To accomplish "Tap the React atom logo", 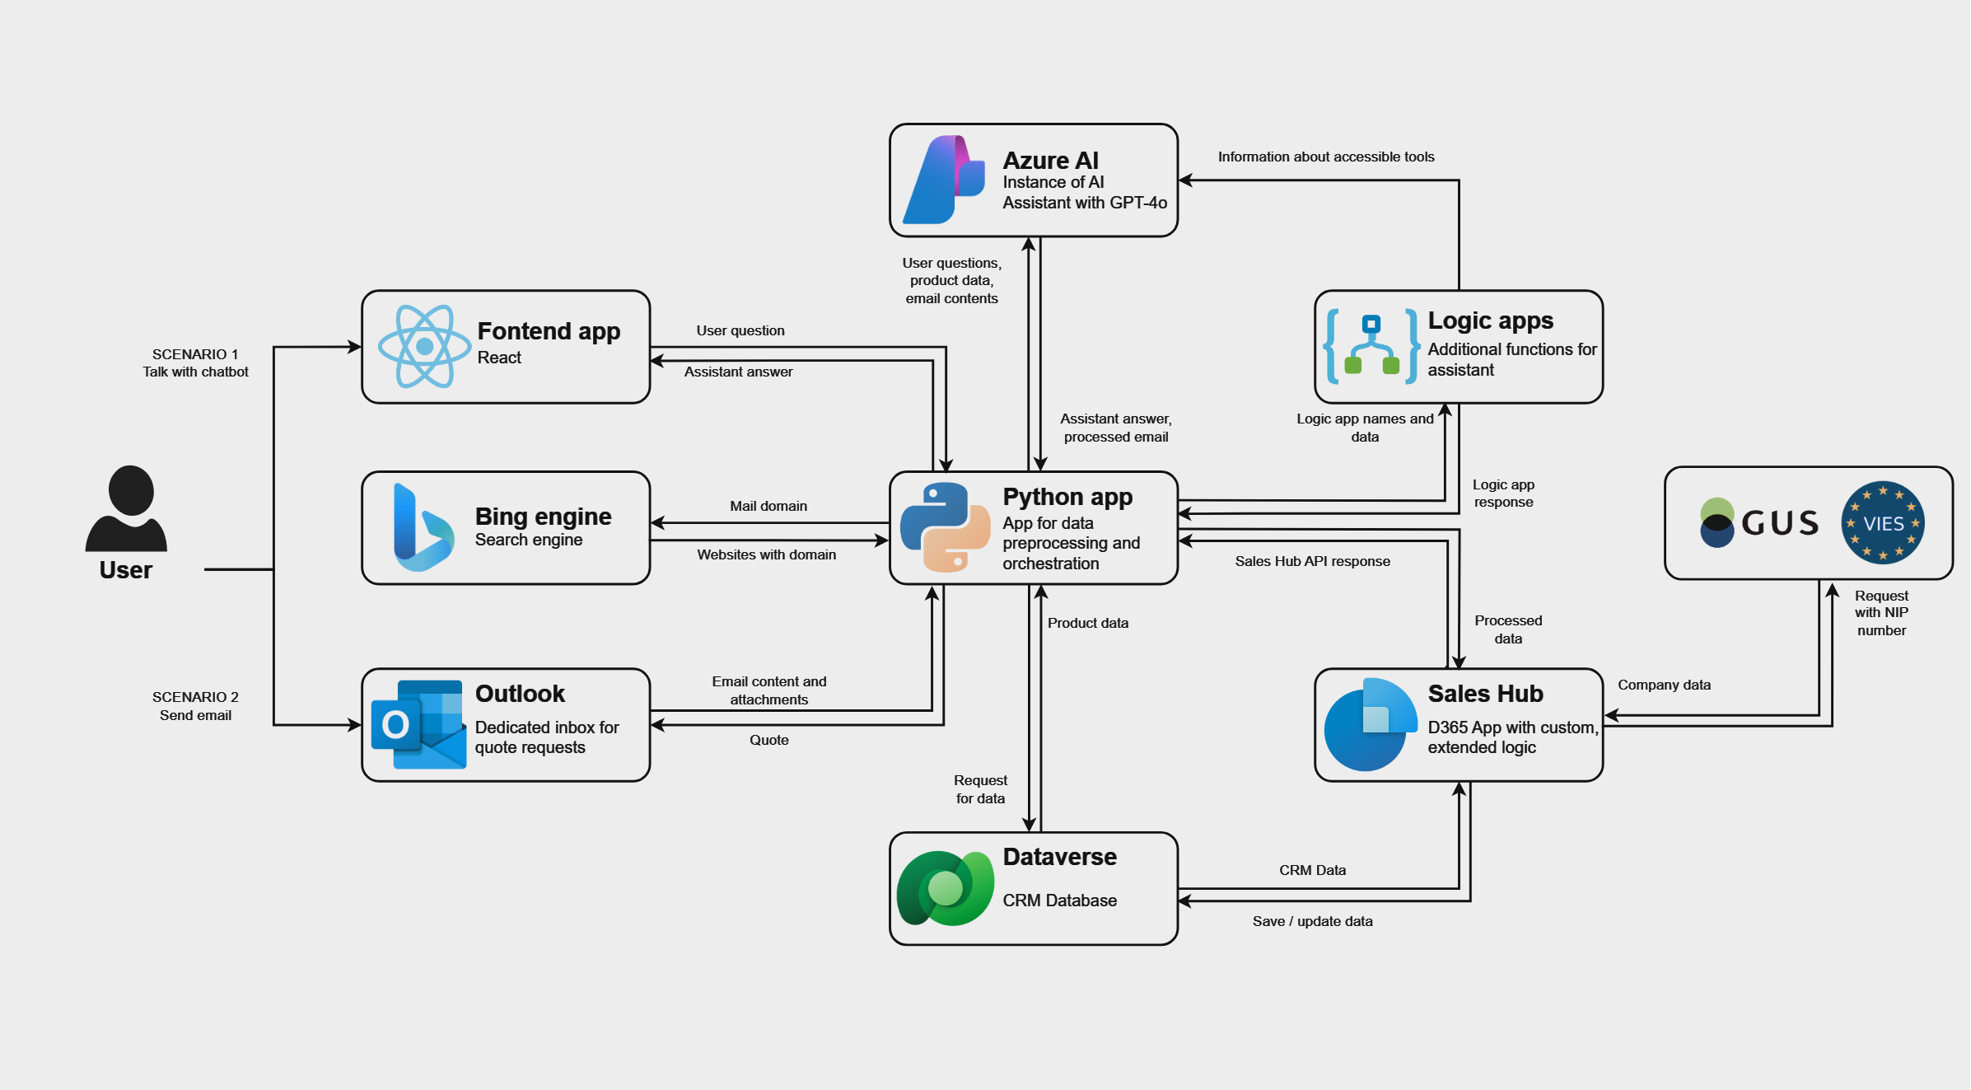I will [x=424, y=347].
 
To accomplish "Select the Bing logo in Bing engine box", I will [x=423, y=528].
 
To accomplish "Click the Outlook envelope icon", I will [x=419, y=724].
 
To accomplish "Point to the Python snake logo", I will [x=945, y=527].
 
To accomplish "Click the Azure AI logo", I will [x=944, y=180].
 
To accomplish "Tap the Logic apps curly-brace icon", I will [x=1371, y=347].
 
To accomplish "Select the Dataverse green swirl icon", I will [x=945, y=888].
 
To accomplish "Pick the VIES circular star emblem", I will [x=1883, y=523].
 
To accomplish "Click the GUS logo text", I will [x=1779, y=523].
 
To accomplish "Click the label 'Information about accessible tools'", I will [x=1325, y=157].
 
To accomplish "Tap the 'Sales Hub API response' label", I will [x=1312, y=561].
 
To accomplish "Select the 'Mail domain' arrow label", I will [x=768, y=506].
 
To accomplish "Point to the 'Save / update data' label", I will [x=1312, y=921].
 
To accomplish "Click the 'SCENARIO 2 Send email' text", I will [x=195, y=706].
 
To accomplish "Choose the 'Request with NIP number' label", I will [x=1880, y=613].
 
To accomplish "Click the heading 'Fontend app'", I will [x=549, y=331].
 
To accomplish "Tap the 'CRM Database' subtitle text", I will [x=1059, y=901].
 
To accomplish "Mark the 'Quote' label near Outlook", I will [x=768, y=740].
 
